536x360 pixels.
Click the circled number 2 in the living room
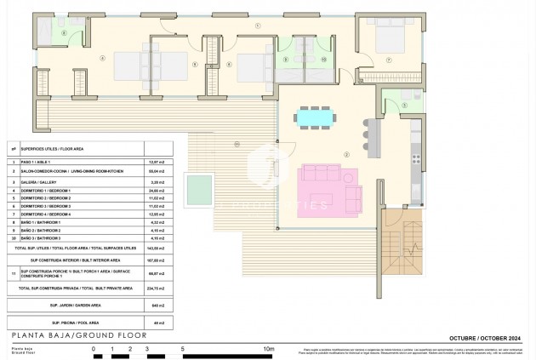pyautogui.click(x=345, y=154)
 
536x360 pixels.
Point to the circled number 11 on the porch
pyautogui.click(x=236, y=144)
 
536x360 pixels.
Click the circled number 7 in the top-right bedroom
pyautogui.click(x=389, y=60)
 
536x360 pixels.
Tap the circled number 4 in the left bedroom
pyautogui.click(x=101, y=59)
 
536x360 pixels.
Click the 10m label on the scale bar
pyautogui.click(x=269, y=348)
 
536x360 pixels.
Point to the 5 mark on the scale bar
pyautogui.click(x=183, y=348)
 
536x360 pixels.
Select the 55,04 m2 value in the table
pyautogui.click(x=157, y=171)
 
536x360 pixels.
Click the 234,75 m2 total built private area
pyautogui.click(x=157, y=289)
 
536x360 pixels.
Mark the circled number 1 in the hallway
pyautogui.click(x=257, y=26)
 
